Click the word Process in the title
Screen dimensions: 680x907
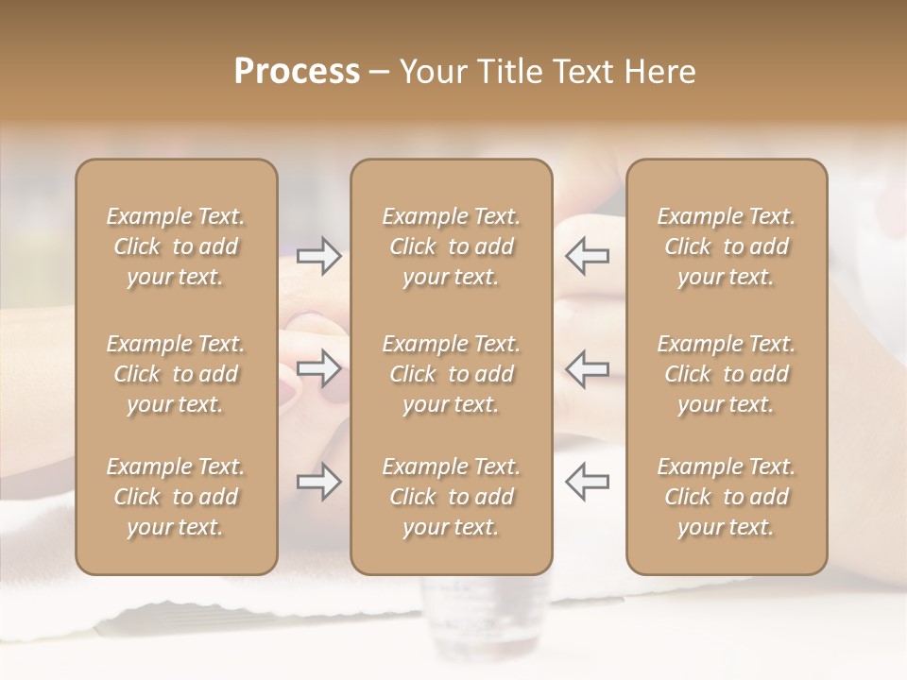[x=297, y=72]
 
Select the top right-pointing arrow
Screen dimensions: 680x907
[x=319, y=256]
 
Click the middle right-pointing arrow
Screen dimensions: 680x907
[x=319, y=368]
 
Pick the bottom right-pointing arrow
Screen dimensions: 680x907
[x=319, y=482]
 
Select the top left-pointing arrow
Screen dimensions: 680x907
[x=587, y=256]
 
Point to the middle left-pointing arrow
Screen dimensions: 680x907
[x=587, y=368]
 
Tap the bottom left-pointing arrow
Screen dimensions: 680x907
[x=587, y=482]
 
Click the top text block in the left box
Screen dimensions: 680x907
[x=176, y=246]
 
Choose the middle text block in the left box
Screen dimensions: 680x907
[x=176, y=374]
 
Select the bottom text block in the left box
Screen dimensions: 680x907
[x=176, y=497]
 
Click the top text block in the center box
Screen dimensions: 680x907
[x=451, y=246]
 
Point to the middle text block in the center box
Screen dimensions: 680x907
[x=451, y=374]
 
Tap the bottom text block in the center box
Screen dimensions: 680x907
[x=451, y=497]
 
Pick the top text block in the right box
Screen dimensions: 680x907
[x=726, y=246]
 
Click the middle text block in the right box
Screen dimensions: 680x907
[x=726, y=374]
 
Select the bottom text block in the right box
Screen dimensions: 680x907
[x=726, y=497]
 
